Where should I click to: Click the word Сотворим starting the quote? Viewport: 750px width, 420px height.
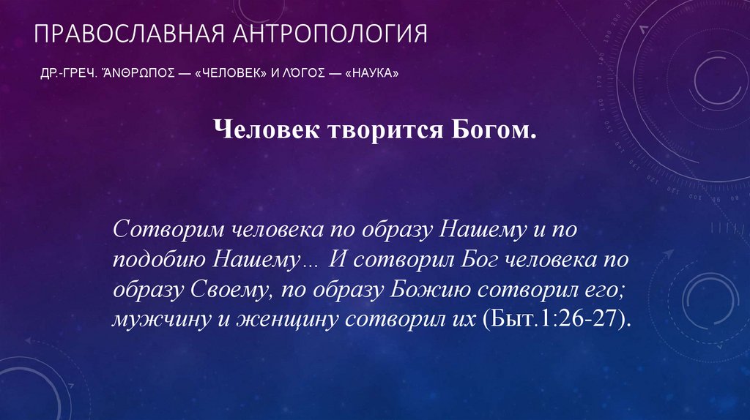click(167, 229)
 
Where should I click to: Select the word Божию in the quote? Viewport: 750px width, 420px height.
click(430, 290)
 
